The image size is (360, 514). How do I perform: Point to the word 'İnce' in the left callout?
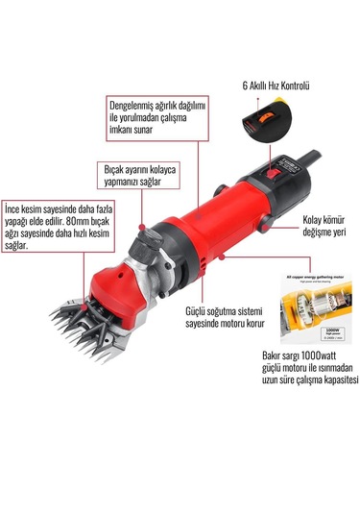(x=14, y=208)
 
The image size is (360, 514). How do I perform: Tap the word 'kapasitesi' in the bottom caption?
(x=330, y=380)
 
